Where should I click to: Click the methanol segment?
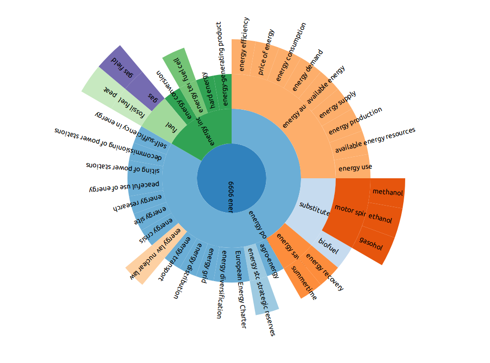(388, 192)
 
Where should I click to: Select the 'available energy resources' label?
(375, 141)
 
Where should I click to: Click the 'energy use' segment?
(355, 167)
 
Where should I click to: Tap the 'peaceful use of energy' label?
(124, 186)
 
